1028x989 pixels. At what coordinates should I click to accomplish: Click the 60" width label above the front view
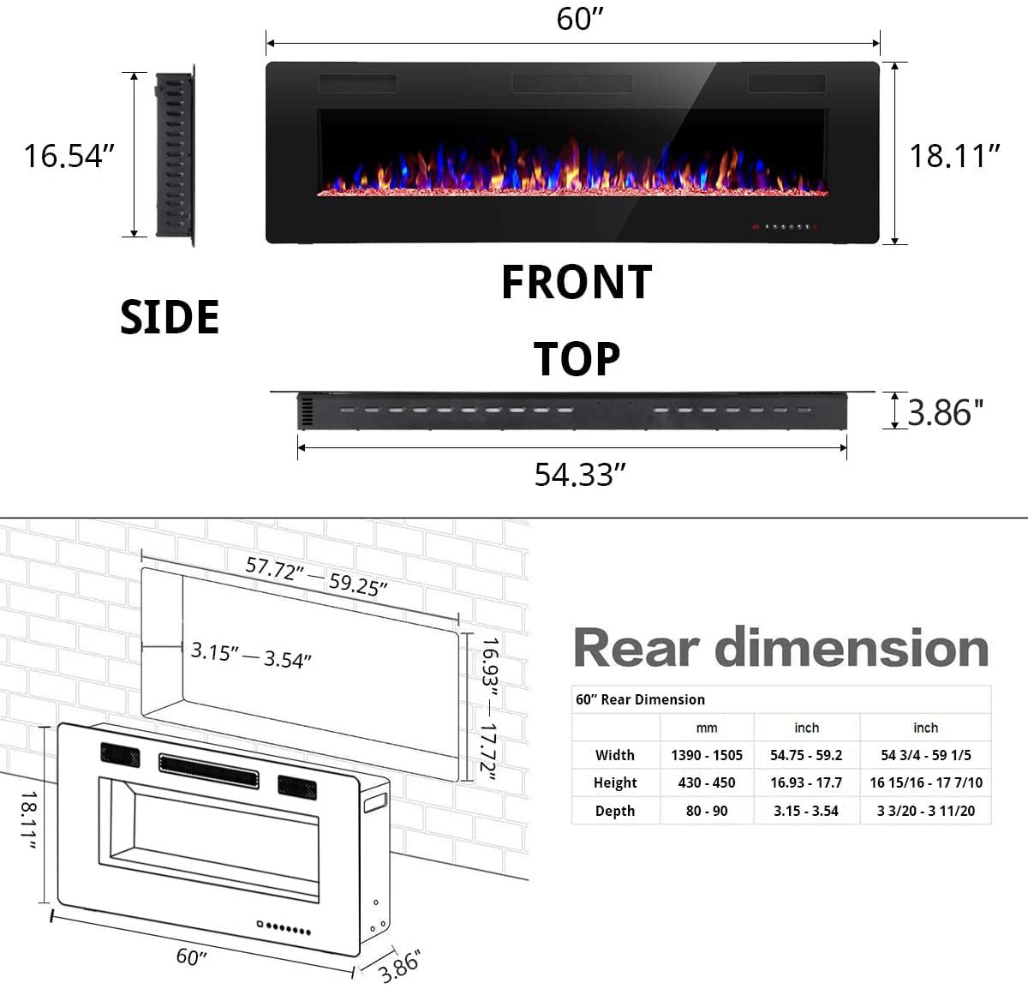point(580,18)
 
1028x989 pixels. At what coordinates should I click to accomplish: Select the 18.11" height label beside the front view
point(954,156)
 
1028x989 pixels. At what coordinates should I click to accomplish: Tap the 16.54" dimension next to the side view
point(69,156)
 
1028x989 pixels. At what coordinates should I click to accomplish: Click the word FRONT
point(577,283)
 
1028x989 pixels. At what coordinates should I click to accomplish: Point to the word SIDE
point(170,317)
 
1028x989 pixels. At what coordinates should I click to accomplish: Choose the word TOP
point(577,359)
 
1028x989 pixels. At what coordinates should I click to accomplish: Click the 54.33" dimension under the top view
point(580,474)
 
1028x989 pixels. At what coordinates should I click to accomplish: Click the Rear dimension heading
point(780,648)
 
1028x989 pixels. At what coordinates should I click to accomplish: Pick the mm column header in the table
point(706,728)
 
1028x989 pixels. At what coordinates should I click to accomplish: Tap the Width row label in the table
point(615,755)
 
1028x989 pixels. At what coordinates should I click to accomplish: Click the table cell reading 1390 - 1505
point(706,755)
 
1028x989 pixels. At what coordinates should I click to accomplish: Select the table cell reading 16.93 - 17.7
point(805,782)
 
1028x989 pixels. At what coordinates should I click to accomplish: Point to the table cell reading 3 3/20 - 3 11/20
point(925,811)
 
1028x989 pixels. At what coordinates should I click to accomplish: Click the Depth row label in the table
point(615,811)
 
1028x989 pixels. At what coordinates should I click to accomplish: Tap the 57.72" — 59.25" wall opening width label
point(316,575)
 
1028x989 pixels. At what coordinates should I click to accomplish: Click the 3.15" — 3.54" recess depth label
point(251,656)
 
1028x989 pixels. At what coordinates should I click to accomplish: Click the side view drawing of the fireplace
point(175,156)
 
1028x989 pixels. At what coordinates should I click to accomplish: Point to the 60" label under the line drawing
point(192,956)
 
